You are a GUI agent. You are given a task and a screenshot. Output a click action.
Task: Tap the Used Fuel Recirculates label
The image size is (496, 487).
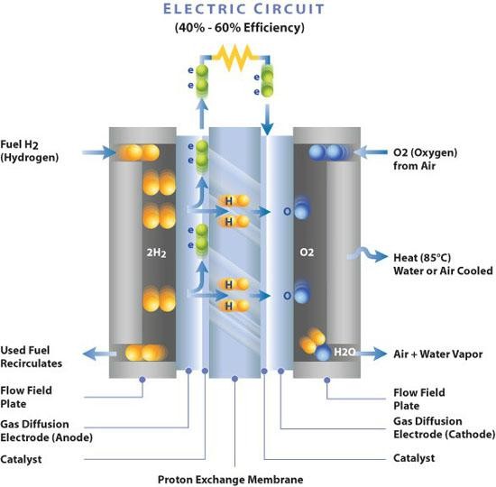(32, 356)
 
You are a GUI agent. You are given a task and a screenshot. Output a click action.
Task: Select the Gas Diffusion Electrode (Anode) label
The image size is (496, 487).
(47, 429)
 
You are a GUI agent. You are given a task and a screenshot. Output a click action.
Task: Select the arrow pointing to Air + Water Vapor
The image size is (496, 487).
(373, 354)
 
